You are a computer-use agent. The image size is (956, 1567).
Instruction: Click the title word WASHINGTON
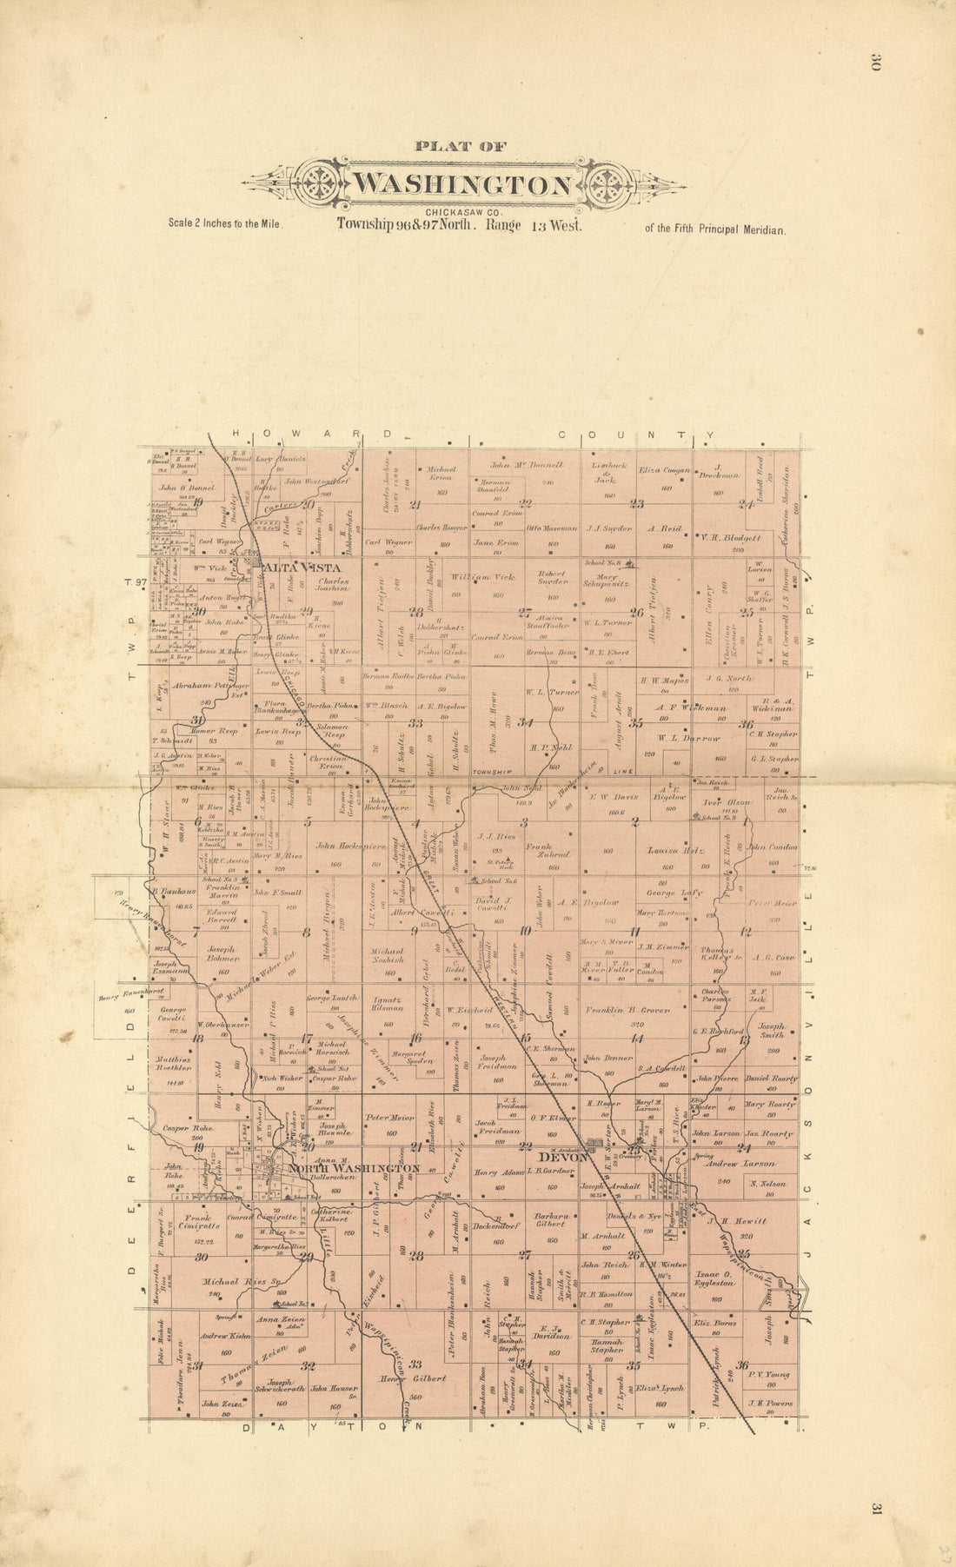point(462,185)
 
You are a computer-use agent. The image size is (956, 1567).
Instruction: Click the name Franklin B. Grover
point(626,1011)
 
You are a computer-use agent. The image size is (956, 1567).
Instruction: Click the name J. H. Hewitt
point(742,1221)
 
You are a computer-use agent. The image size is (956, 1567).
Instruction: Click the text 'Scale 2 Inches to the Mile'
point(226,222)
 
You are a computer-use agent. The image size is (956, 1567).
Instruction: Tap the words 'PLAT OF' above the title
point(461,147)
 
